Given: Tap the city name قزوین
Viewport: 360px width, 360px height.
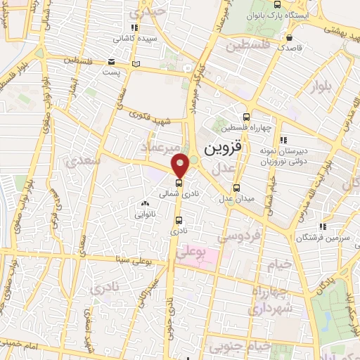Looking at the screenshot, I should (224, 150).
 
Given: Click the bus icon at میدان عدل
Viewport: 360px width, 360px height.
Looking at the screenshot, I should (236, 188).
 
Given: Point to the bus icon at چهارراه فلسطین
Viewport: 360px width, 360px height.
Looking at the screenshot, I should (245, 117).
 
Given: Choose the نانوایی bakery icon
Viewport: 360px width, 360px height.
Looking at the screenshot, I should (145, 203).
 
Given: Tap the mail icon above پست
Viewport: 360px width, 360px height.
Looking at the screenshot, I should (112, 62).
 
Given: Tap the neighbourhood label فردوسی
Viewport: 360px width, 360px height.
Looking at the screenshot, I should (236, 238).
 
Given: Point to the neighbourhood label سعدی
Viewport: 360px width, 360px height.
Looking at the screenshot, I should (83, 161).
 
